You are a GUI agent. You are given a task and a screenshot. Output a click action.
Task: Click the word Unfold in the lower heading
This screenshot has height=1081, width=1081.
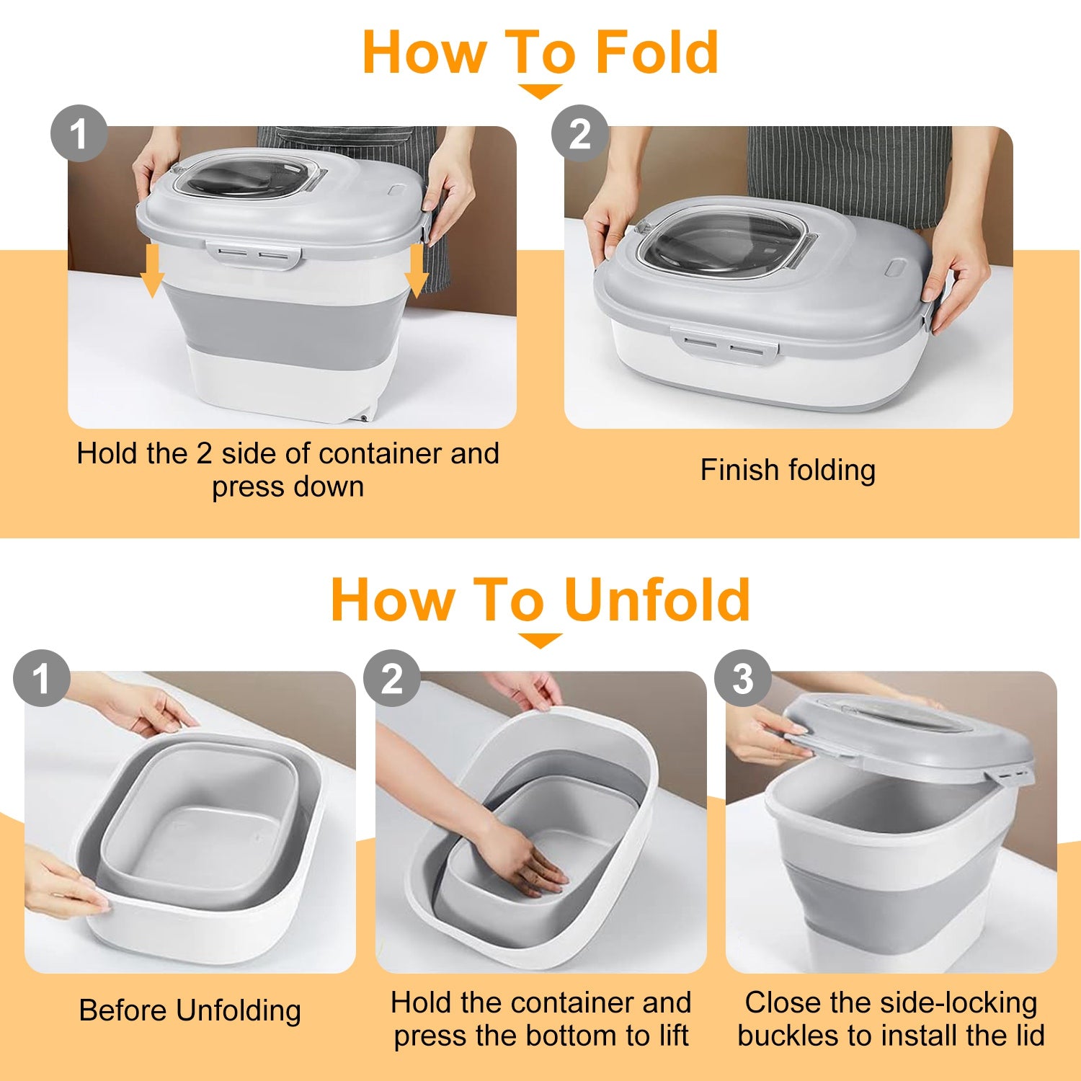657,600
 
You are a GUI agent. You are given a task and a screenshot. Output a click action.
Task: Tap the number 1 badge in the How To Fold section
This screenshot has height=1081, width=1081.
79,134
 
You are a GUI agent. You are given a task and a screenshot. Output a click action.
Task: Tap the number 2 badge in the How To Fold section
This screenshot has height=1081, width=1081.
579,134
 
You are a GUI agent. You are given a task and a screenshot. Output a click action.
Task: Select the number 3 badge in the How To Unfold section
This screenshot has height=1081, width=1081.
742,679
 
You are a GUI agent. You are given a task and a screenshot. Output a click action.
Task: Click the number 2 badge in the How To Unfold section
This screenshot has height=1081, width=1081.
391,679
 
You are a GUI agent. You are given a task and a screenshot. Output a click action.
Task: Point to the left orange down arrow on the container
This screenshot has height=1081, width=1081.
152,270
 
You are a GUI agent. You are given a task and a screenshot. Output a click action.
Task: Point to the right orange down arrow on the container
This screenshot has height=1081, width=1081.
416,270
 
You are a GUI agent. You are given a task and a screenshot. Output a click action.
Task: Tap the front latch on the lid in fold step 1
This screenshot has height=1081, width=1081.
253,254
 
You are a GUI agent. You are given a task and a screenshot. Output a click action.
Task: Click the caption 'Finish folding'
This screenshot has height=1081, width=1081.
788,470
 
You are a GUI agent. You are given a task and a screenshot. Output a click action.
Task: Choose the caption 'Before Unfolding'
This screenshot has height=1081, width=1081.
190,1010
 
